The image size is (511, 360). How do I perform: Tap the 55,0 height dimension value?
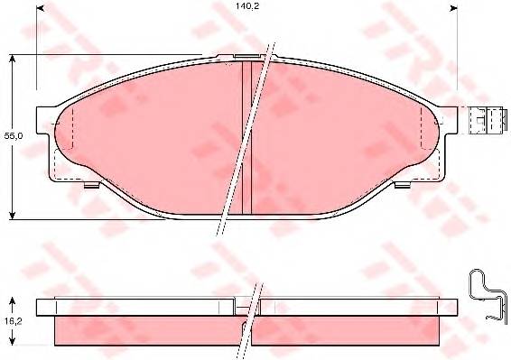click(14, 136)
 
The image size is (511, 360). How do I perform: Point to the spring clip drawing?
click(488, 294)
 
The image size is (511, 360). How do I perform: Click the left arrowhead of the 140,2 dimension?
click(40, 8)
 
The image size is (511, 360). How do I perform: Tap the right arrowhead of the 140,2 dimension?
click(453, 8)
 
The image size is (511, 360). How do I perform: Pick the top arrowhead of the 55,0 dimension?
click(12, 59)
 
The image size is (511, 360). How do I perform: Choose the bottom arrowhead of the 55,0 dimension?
click(12, 215)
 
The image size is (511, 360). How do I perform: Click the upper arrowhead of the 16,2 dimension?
click(12, 301)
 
